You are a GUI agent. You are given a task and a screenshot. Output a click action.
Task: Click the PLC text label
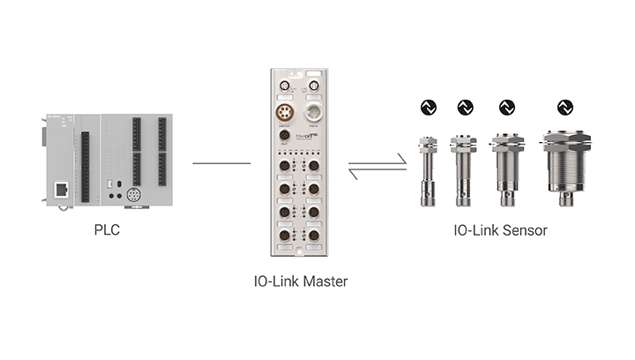coord(107,230)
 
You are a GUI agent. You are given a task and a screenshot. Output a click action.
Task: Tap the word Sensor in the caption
coord(525,230)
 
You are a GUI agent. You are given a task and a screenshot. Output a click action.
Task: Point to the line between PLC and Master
coord(220,162)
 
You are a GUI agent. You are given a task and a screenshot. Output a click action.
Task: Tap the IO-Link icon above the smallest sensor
coord(427,108)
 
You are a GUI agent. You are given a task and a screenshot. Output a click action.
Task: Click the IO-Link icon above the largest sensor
coord(564,108)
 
